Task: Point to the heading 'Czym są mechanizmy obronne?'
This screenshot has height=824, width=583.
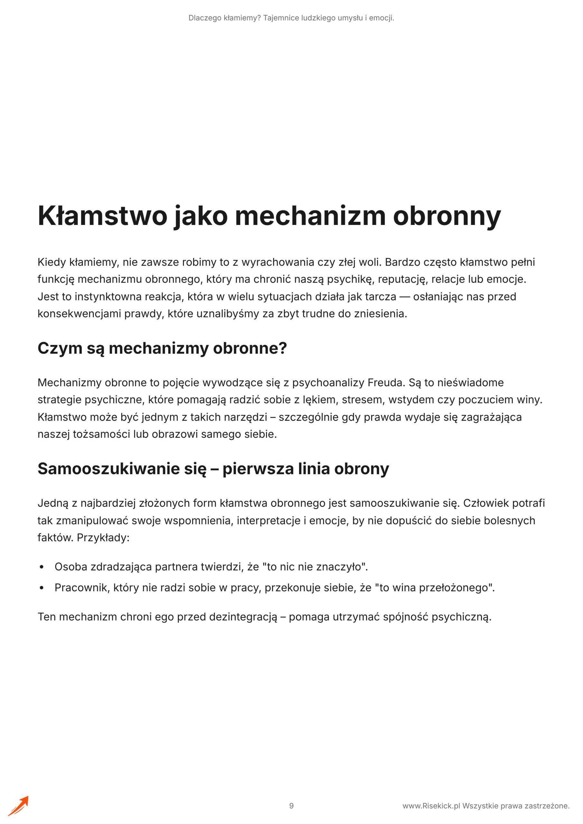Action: [x=162, y=348]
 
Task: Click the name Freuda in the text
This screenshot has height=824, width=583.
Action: [x=387, y=383]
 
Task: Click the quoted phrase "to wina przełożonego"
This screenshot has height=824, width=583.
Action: [x=434, y=588]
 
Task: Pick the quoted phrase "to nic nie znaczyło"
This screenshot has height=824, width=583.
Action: [x=315, y=567]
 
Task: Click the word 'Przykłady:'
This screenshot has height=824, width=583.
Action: [x=103, y=538]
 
